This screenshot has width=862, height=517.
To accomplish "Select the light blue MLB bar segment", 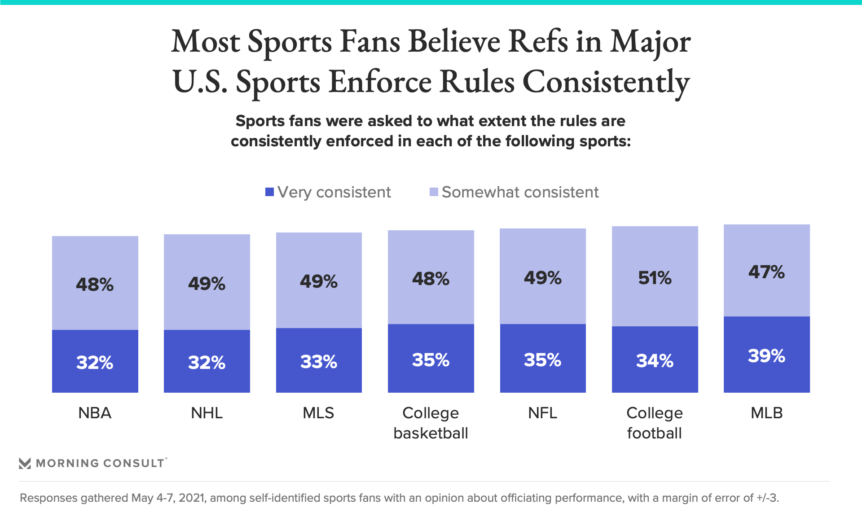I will point(766,296).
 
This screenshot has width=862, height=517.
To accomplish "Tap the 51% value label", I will point(655,278).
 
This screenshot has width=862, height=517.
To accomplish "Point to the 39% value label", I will point(766,356).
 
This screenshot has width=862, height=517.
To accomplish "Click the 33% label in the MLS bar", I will point(319,362).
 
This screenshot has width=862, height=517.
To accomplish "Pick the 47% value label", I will point(766,272).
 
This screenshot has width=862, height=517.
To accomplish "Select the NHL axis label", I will point(207,413).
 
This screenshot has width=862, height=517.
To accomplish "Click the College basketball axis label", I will point(431,423).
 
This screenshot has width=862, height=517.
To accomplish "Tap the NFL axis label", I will point(542,413).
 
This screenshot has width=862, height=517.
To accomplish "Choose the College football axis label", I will point(655,423).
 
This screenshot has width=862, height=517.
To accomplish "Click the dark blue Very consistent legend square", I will point(269,192).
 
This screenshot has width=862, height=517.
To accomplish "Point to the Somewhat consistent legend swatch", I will point(434,192).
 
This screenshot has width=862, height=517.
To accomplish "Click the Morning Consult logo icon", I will point(25,463).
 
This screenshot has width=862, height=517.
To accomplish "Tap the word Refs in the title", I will point(538,41).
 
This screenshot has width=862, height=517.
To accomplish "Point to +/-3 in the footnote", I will point(767,498).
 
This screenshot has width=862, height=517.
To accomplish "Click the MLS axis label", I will point(319,413).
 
